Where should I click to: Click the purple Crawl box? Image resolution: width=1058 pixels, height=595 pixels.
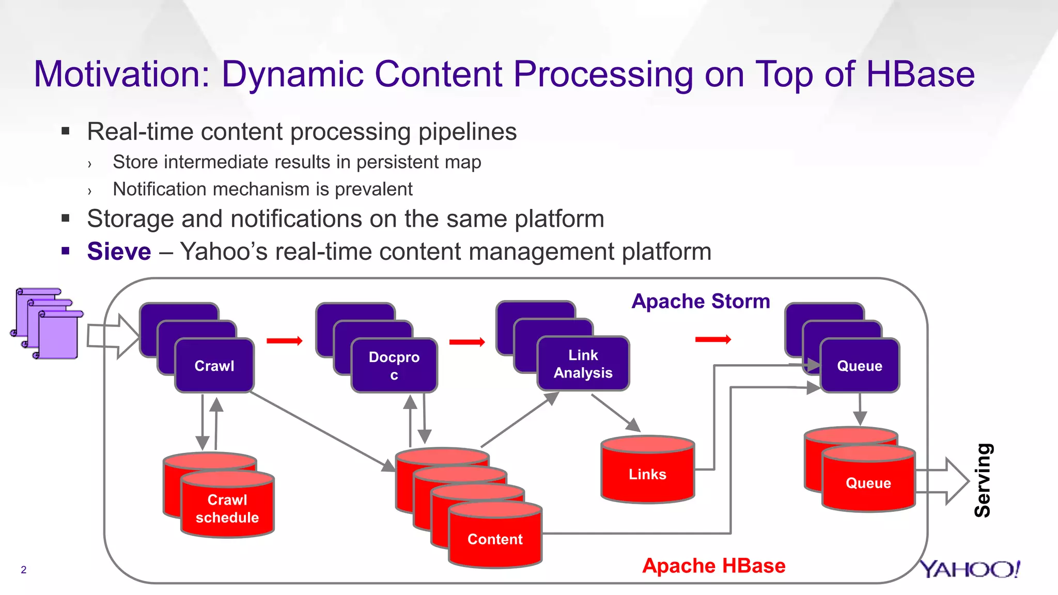[x=214, y=365]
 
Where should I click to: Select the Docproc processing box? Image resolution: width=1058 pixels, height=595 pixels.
[x=394, y=365]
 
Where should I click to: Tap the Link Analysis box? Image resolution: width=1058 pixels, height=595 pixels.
[x=583, y=364]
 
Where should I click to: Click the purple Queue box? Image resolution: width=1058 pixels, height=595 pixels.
[x=860, y=365]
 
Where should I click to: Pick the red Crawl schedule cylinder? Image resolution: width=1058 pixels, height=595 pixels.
[x=227, y=508]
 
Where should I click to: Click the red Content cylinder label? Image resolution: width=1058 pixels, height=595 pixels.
[x=495, y=539]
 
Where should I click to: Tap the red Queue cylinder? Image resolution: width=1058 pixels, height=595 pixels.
[x=868, y=482]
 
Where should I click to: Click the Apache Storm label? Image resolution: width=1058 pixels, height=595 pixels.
[x=701, y=301]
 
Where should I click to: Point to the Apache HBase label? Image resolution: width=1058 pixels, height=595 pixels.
[x=713, y=566]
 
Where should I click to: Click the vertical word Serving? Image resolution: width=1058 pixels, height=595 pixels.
[x=983, y=480]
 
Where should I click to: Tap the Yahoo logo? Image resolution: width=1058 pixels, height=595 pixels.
[x=970, y=569]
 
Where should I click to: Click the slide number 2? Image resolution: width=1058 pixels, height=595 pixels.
[x=23, y=570]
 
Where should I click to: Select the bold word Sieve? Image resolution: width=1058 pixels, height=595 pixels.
[x=119, y=252]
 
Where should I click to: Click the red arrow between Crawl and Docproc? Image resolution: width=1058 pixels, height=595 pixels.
[x=284, y=341]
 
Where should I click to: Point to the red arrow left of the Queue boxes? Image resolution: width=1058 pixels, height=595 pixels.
[x=713, y=339]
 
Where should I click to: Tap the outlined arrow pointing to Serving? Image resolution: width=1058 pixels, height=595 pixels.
[x=943, y=481]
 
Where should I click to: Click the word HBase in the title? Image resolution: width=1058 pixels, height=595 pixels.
[x=920, y=74]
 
